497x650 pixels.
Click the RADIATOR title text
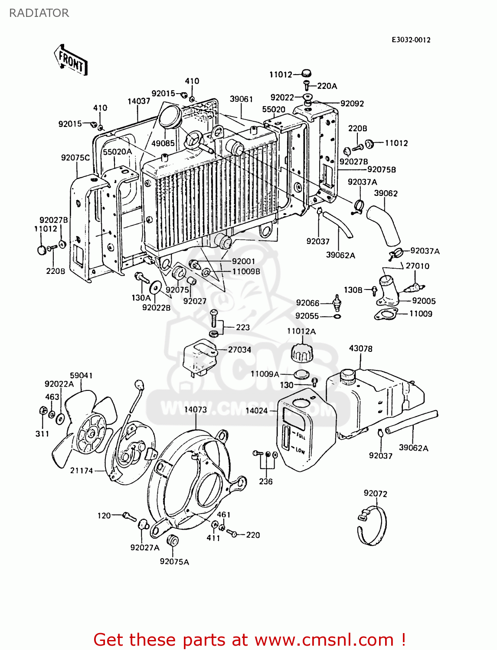pyautogui.click(x=39, y=13)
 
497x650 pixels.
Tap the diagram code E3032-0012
pyautogui.click(x=411, y=40)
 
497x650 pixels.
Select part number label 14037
pyautogui.click(x=139, y=101)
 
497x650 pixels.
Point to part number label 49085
pyautogui.click(x=163, y=143)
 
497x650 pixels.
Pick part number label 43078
pyautogui.click(x=360, y=348)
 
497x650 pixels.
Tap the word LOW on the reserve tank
pyautogui.click(x=300, y=451)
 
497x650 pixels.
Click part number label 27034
pyautogui.click(x=239, y=350)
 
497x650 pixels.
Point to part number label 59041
pyautogui.click(x=81, y=375)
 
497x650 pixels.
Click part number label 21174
pyautogui.click(x=82, y=471)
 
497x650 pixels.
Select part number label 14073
pyautogui.click(x=196, y=409)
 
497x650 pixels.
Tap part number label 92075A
pyautogui.click(x=174, y=562)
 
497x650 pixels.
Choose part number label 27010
pyautogui.click(x=417, y=266)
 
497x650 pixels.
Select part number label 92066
pyautogui.click(x=307, y=303)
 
